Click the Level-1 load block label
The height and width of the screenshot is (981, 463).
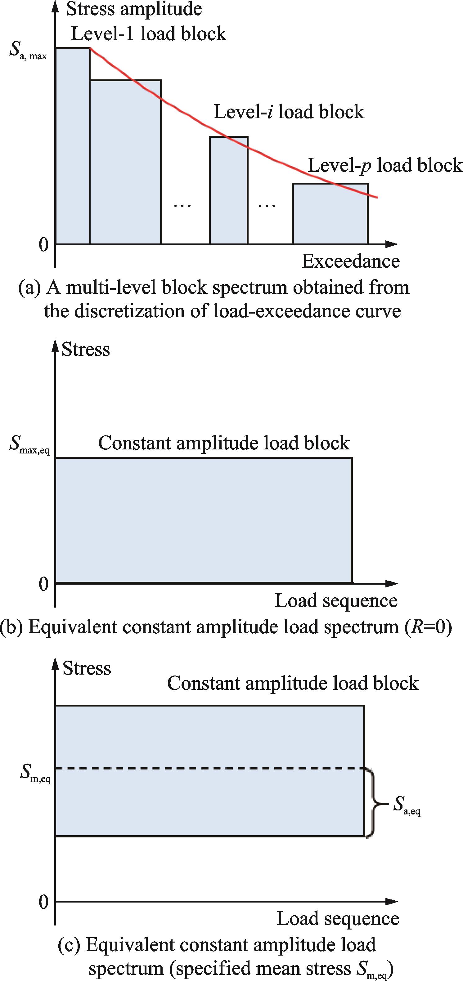click(149, 33)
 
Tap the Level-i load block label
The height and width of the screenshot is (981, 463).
click(289, 112)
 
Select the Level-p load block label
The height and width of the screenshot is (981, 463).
click(384, 165)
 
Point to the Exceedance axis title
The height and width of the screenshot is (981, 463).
click(351, 261)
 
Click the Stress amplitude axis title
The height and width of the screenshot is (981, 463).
click(134, 9)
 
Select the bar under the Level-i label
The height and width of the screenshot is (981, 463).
click(229, 190)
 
